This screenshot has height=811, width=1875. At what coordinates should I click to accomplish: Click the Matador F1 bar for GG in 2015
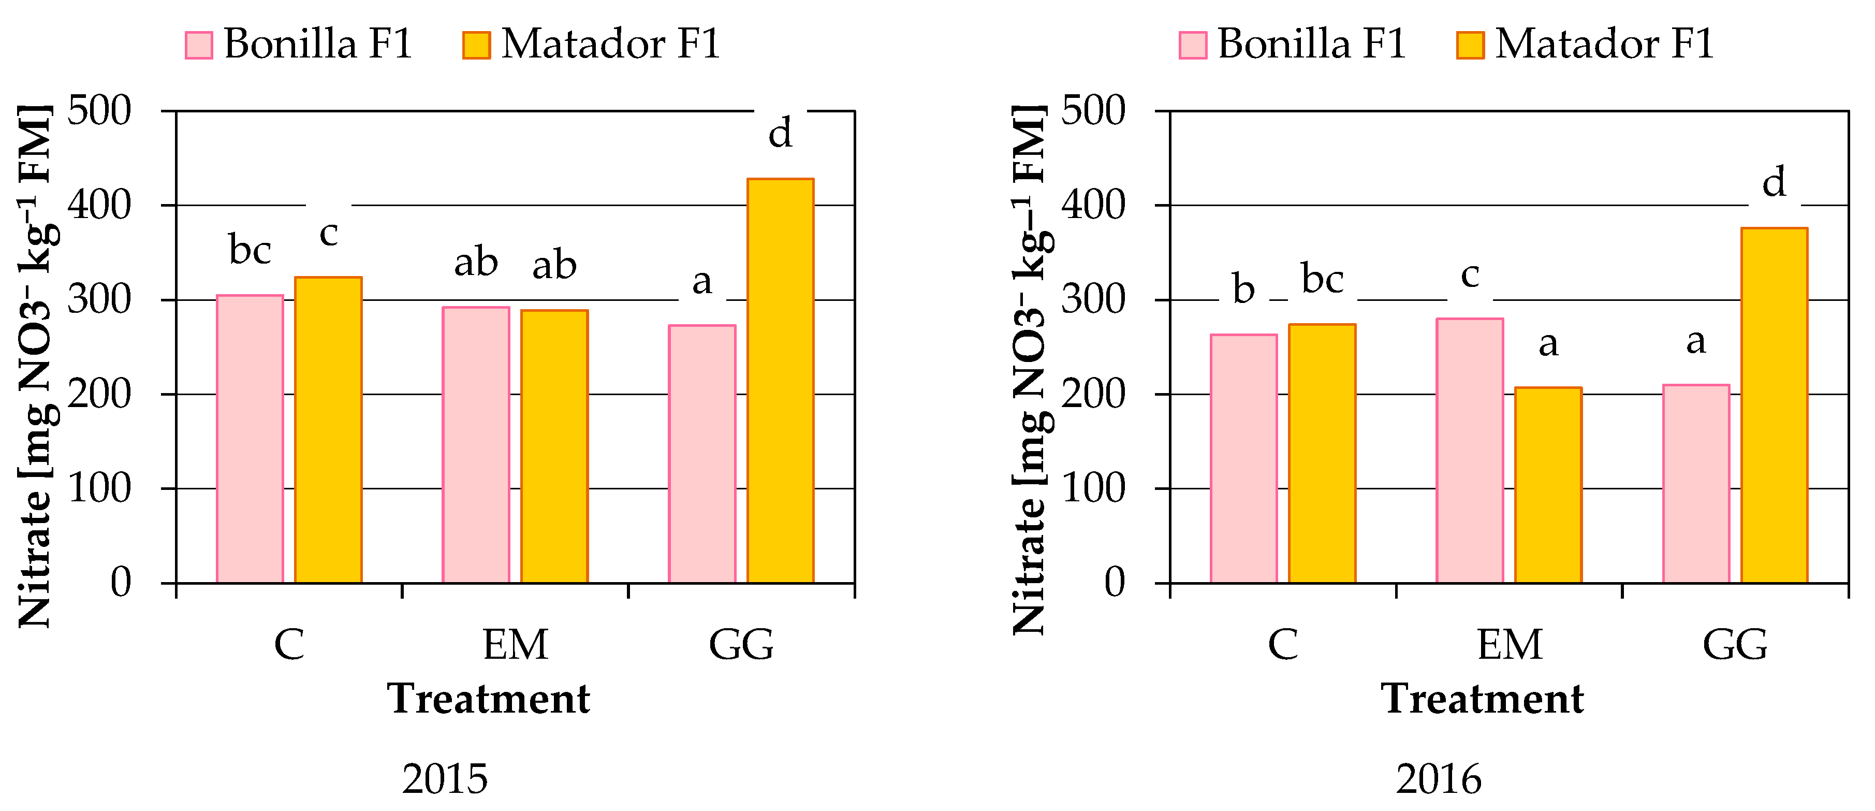tap(780, 381)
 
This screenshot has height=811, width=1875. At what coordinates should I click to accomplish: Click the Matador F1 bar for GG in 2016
tap(1774, 405)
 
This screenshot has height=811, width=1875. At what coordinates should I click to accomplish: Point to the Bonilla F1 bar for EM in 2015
tap(476, 445)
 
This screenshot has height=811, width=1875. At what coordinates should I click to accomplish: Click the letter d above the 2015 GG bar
tap(780, 133)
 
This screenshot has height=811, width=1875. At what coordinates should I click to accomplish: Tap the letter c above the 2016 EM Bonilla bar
tap(1470, 275)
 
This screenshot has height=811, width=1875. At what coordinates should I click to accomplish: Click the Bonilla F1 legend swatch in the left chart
tap(199, 45)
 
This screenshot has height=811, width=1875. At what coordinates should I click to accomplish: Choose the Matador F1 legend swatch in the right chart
tap(1470, 45)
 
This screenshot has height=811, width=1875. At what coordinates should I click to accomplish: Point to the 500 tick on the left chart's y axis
tap(99, 111)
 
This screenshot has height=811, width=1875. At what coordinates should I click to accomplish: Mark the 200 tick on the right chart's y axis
tap(1093, 395)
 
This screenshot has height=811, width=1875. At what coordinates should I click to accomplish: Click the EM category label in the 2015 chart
tap(515, 645)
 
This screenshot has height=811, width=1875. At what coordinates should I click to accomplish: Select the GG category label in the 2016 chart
tap(1735, 645)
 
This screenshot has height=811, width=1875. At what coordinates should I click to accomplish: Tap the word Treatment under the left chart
tap(488, 699)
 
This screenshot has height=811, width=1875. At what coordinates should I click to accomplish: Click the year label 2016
tap(1438, 780)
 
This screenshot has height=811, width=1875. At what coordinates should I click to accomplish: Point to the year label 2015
tap(445, 780)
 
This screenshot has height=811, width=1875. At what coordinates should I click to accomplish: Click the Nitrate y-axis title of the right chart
tap(1030, 369)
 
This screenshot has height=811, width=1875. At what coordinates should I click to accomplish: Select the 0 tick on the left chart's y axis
tap(121, 583)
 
